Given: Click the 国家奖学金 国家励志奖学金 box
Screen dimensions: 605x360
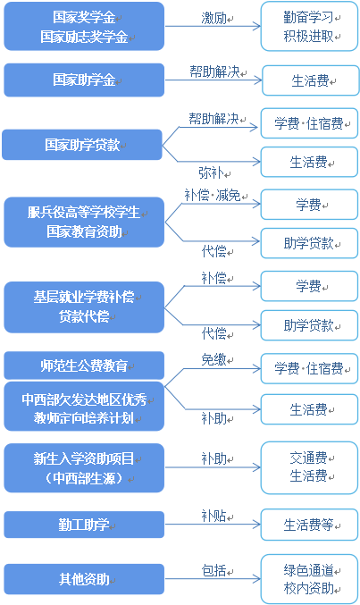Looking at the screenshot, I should click(84, 28).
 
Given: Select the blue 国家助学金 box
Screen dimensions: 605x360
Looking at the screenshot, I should click(84, 80).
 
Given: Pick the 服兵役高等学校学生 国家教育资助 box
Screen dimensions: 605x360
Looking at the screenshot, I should click(84, 223).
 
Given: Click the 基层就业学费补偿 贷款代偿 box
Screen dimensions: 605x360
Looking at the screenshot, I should click(84, 306).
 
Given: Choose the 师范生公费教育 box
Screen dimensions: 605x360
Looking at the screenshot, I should click(84, 366).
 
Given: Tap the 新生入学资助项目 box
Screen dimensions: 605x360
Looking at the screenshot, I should click(84, 468).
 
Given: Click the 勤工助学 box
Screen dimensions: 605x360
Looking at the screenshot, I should click(84, 525).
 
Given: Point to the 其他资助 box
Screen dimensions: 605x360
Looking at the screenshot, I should click(84, 579).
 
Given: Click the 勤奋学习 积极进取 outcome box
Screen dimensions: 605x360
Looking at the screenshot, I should click(308, 27).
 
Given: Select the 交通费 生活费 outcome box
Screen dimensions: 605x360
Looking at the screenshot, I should click(308, 467).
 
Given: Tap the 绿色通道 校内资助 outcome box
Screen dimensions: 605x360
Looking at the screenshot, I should click(308, 579).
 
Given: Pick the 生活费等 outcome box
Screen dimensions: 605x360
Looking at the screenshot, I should click(308, 525).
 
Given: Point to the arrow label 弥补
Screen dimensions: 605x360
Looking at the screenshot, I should click(211, 171).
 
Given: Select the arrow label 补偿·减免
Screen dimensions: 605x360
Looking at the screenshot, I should click(213, 195).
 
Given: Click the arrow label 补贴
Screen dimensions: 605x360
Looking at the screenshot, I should click(213, 515).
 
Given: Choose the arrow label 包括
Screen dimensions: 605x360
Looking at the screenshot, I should click(213, 569).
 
